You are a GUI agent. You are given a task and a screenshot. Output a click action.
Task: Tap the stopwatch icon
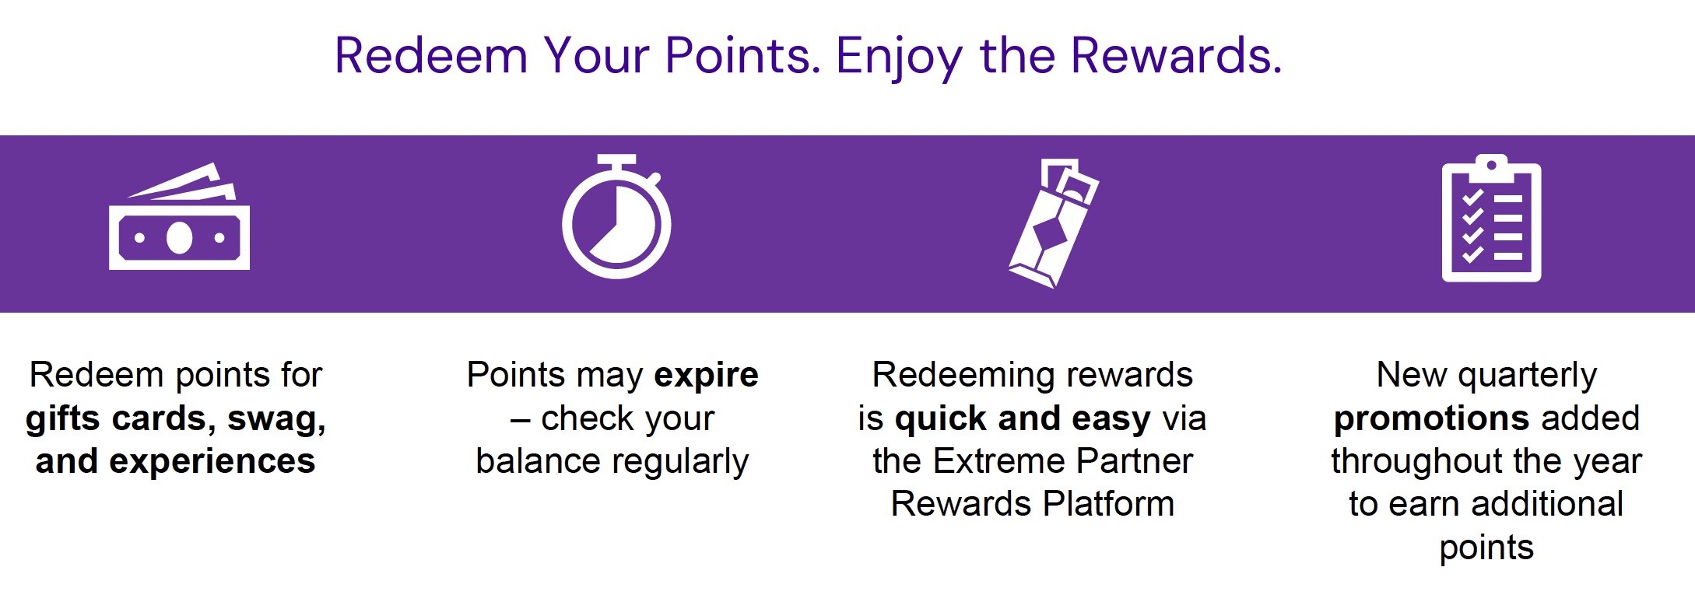(x=616, y=222)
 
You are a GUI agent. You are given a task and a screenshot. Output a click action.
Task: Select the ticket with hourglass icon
(x=1053, y=223)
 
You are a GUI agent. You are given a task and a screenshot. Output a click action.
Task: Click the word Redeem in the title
(x=431, y=56)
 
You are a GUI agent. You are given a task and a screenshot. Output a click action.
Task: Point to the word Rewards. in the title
(x=1176, y=56)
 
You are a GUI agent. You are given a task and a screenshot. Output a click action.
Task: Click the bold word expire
(x=706, y=375)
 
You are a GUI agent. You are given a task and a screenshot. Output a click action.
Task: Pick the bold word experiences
(x=212, y=461)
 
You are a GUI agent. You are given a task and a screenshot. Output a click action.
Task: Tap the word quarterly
(x=1528, y=376)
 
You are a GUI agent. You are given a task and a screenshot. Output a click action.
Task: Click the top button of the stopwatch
(x=616, y=159)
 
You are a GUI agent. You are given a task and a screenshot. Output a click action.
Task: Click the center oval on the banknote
(x=179, y=238)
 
